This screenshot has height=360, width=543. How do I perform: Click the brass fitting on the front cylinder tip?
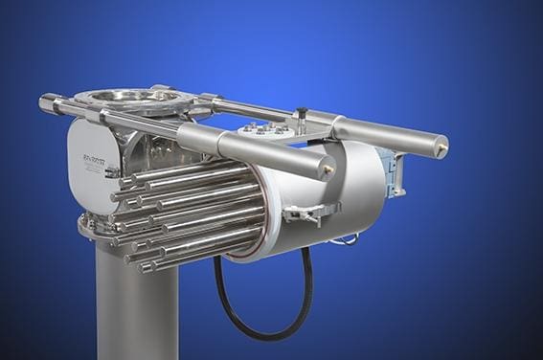click(328, 168)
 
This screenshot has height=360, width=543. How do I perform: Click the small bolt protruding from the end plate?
click(111, 173)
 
